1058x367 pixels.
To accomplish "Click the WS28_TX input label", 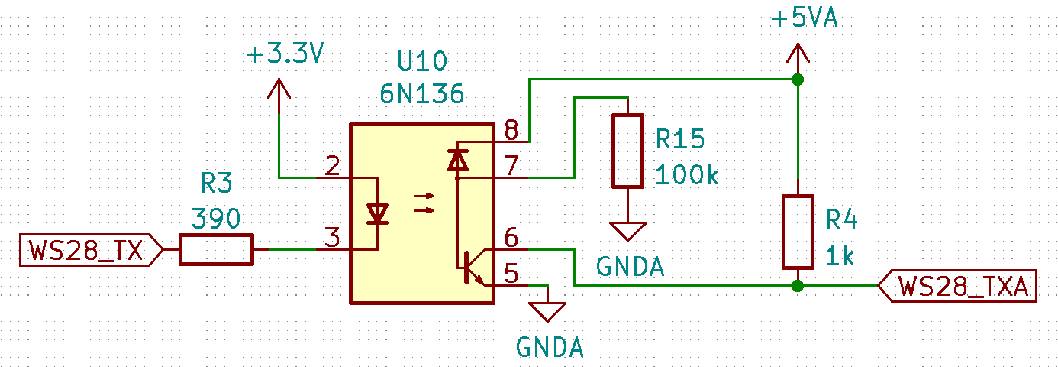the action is point(91,250).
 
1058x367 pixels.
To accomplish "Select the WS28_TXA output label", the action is point(957,286).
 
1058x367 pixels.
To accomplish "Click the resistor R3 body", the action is point(216,249).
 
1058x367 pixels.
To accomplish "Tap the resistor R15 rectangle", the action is point(627,151).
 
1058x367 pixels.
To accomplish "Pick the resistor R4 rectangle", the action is point(798,232).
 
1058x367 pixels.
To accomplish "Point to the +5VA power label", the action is point(805,18).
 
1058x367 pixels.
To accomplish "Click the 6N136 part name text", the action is point(422,93).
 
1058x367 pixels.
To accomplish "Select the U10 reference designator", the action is point(422,61).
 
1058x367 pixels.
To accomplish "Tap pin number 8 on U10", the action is point(511,130).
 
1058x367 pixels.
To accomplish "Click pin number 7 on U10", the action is point(511,165).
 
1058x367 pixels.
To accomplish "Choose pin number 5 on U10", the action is point(511,274).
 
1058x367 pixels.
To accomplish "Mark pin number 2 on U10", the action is point(332,165).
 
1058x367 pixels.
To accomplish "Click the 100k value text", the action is point(686,175).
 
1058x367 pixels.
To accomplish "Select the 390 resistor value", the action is point(216,219).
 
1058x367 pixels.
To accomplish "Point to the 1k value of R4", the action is point(840,256).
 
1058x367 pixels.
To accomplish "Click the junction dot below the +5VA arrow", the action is point(798,79).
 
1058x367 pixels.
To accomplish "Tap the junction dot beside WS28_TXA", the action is point(798,286).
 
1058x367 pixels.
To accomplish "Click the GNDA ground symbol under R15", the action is point(627,231).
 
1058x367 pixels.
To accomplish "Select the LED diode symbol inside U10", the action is point(377,214).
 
